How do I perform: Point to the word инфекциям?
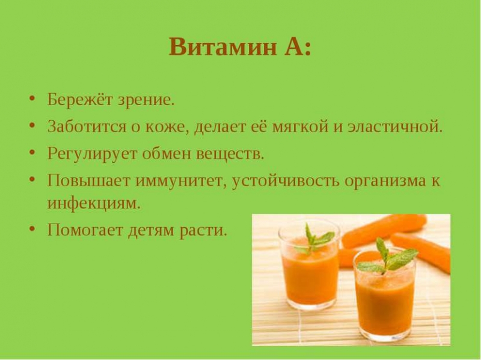[94, 203]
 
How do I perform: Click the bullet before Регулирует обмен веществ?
[32, 152]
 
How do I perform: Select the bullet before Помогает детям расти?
[32, 228]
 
